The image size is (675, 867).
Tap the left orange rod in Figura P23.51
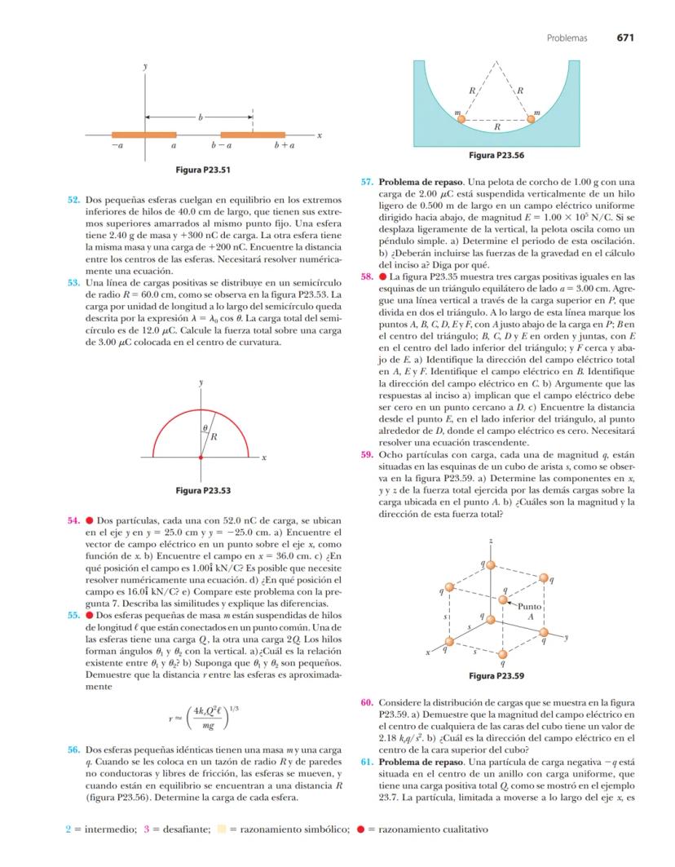[143, 135]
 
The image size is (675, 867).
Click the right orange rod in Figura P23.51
[253, 135]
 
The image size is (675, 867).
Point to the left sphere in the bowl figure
[461, 119]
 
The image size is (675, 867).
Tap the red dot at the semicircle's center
[201, 458]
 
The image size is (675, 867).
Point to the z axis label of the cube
[491, 541]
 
